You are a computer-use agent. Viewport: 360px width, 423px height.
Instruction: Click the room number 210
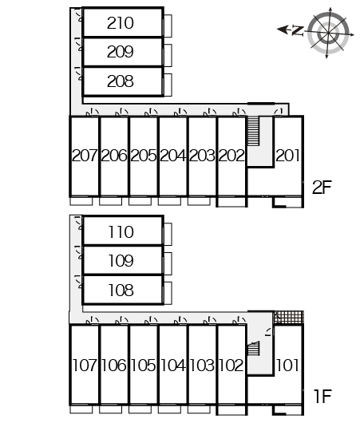[120, 23]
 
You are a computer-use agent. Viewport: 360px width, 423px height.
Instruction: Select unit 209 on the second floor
[120, 52]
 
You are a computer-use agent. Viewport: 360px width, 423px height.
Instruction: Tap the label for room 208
[120, 81]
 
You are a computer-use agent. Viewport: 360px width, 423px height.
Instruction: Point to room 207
[85, 156]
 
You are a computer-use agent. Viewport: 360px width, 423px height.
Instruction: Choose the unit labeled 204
[172, 156]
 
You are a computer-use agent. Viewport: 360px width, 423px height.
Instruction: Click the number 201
[287, 156]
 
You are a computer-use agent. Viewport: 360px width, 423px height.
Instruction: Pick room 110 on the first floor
[121, 232]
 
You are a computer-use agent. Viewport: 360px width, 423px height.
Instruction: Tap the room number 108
[121, 291]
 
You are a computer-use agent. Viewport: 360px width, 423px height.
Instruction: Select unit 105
[144, 366]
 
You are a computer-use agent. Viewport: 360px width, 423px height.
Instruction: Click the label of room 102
[231, 366]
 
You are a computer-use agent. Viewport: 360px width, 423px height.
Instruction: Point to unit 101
[287, 366]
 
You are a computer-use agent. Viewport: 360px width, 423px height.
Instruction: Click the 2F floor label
[322, 188]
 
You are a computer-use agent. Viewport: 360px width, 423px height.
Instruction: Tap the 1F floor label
[322, 397]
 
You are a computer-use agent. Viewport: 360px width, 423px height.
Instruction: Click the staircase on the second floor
[253, 131]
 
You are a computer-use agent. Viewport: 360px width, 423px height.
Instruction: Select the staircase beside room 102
[254, 349]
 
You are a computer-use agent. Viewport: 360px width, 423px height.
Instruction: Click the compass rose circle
[328, 34]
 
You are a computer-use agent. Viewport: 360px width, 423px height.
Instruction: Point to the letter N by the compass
[298, 30]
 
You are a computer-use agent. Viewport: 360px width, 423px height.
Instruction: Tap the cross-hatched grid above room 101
[289, 318]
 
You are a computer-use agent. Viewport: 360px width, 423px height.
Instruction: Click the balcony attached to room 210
[168, 26]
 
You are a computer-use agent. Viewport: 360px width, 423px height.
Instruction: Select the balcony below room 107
[81, 409]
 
